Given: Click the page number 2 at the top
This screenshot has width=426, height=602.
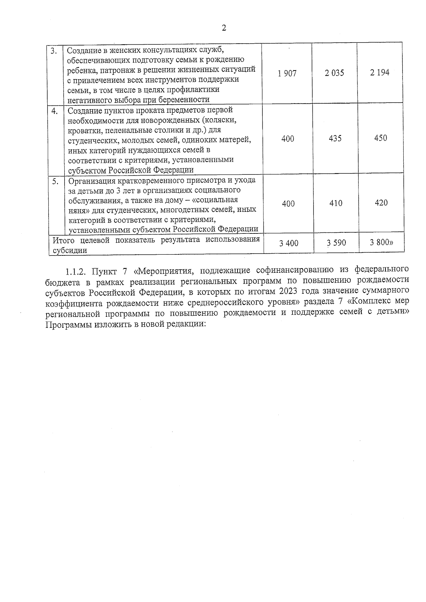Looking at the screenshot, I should tap(224, 28).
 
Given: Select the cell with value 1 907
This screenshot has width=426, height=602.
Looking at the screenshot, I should tap(287, 73).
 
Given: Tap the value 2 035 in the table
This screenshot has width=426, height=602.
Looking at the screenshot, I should tap(334, 73).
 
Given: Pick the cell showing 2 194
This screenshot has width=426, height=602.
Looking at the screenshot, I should tap(379, 73).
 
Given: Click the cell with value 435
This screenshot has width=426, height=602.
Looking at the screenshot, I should tap(335, 138).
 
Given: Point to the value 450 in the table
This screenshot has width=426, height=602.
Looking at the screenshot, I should tap(381, 138).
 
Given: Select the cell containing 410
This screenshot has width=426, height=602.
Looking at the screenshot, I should tap(335, 203).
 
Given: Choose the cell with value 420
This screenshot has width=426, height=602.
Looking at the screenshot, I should tap(381, 203).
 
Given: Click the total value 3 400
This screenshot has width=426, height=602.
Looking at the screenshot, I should tap(289, 243).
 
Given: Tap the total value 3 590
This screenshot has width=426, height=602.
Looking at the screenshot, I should tap(336, 243).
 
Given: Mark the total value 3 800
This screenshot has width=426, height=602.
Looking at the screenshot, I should tap(381, 243).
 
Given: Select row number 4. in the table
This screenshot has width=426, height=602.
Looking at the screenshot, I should tap(55, 111).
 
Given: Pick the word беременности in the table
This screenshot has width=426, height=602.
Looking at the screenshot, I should tap(186, 99).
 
